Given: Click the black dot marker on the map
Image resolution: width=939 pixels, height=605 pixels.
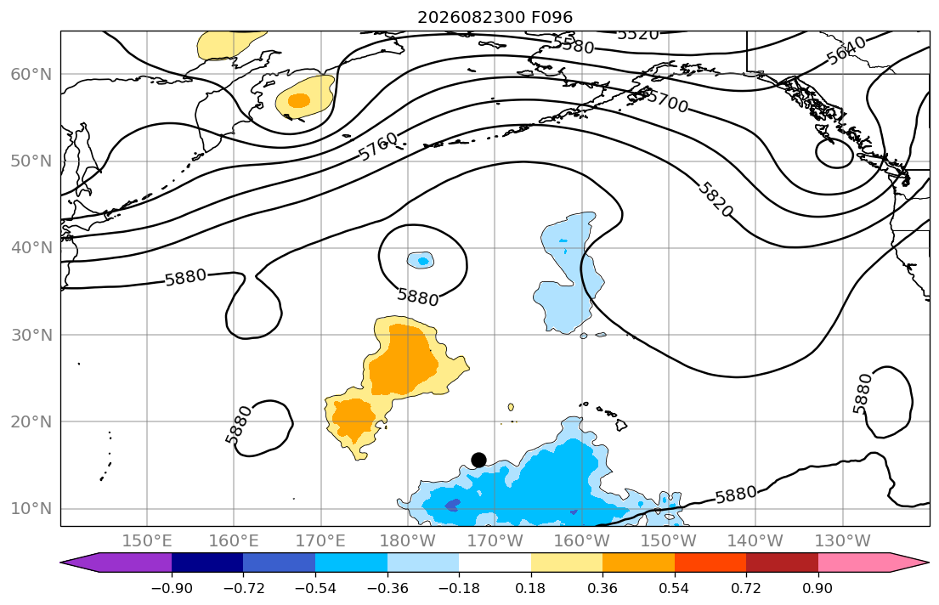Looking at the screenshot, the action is pyautogui.click(x=478, y=460).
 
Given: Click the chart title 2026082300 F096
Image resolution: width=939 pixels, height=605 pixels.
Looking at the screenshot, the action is pyautogui.click(x=495, y=17).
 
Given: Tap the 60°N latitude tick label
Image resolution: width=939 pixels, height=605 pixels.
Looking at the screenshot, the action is pyautogui.click(x=31, y=74).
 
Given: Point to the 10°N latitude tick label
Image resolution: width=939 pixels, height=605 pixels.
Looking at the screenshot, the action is pyautogui.click(x=31, y=509).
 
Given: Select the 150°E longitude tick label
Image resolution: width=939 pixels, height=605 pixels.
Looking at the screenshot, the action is pyautogui.click(x=147, y=541).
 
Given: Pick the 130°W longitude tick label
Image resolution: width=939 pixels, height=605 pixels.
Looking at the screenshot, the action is pyautogui.click(x=843, y=541).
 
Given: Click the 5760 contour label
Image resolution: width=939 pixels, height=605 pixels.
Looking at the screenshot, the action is pyautogui.click(x=378, y=146).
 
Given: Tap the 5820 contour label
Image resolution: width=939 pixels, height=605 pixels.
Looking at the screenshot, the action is pyautogui.click(x=715, y=199).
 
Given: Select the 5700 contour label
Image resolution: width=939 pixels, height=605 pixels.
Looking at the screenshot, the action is pyautogui.click(x=668, y=102).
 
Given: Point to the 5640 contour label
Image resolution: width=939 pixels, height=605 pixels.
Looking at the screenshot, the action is pyautogui.click(x=846, y=50).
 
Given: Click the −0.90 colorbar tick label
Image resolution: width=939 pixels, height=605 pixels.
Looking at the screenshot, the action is pyautogui.click(x=172, y=588).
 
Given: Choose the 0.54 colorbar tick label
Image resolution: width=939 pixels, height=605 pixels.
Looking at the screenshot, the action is pyautogui.click(x=675, y=588).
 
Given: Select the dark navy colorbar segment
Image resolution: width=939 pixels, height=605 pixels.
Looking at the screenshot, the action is pyautogui.click(x=207, y=563).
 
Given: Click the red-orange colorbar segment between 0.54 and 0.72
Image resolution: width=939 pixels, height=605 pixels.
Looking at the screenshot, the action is pyautogui.click(x=710, y=563).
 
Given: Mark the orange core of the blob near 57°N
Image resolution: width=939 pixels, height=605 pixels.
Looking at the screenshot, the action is pyautogui.click(x=299, y=100).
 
